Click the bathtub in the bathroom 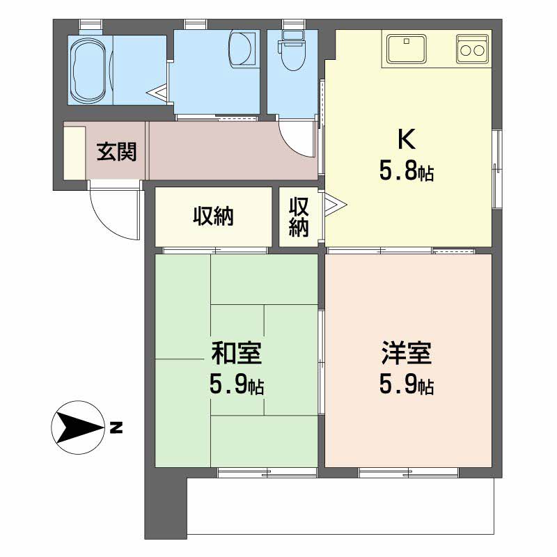[x=89, y=70]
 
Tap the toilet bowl [x=292, y=50]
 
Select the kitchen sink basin [x=407, y=49]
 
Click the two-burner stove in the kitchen [x=472, y=49]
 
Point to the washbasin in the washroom [x=242, y=49]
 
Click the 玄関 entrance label [x=116, y=152]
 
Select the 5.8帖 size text [x=407, y=171]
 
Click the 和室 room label [x=236, y=353]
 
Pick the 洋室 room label [x=407, y=353]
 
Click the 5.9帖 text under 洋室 [x=407, y=385]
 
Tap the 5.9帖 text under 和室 [x=236, y=385]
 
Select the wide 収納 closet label [x=213, y=217]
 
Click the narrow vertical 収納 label [x=299, y=217]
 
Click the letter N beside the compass [x=116, y=427]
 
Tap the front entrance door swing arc [x=106, y=223]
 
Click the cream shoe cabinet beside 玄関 [x=74, y=152]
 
